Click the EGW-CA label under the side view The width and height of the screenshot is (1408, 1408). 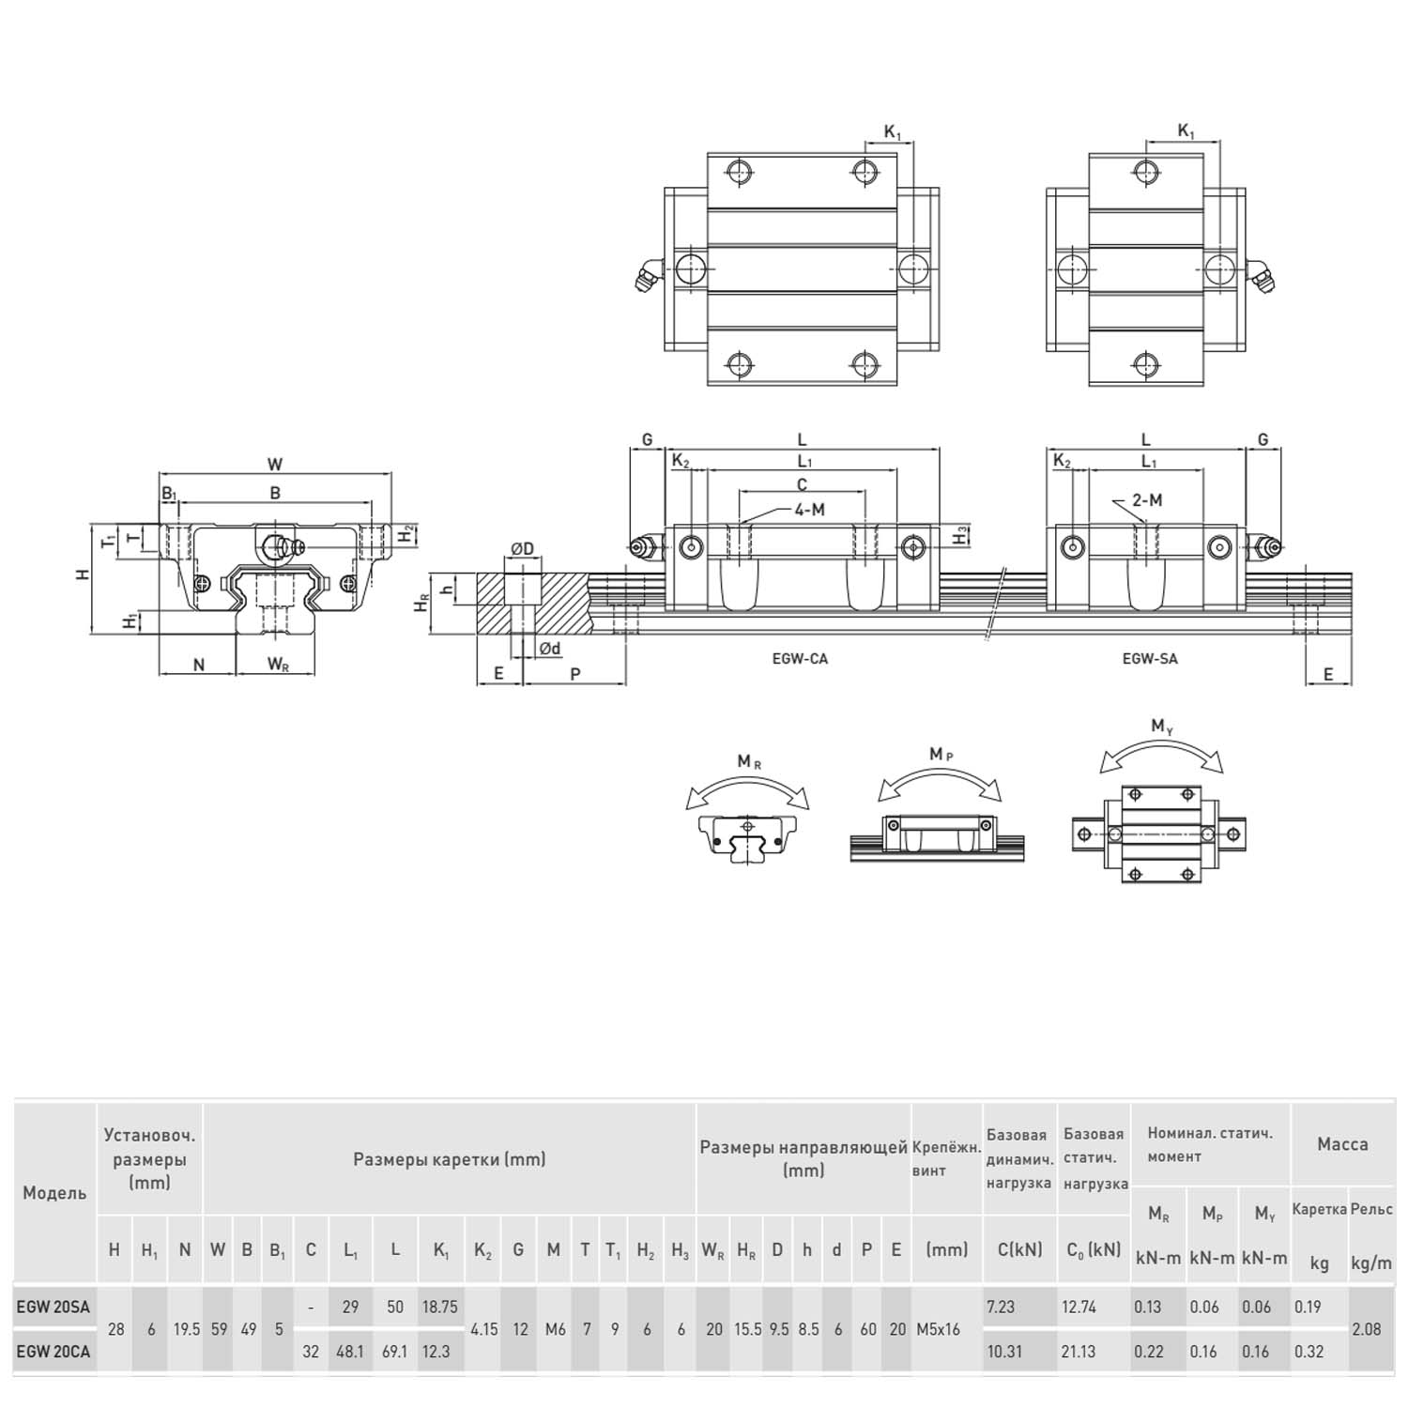pyautogui.click(x=800, y=659)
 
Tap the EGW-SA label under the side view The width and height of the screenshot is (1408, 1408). pyautogui.click(x=1150, y=659)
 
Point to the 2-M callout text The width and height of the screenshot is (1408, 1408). pyautogui.click(x=1147, y=500)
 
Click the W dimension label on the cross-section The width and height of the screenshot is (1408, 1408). pyautogui.click(x=275, y=464)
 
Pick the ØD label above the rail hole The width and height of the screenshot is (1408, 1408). pyautogui.click(x=522, y=549)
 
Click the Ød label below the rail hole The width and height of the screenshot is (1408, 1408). pyautogui.click(x=550, y=649)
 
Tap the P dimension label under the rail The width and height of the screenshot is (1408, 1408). pyautogui.click(x=575, y=674)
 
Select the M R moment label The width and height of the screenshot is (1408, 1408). pyautogui.click(x=749, y=762)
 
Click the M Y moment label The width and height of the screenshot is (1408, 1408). pyautogui.click(x=1162, y=727)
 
